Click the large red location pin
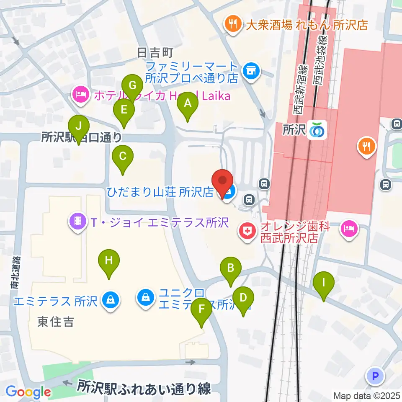coord(222,182)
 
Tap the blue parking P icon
coord(376,376)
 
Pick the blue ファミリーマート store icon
coord(251,71)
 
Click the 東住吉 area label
coord(56,322)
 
